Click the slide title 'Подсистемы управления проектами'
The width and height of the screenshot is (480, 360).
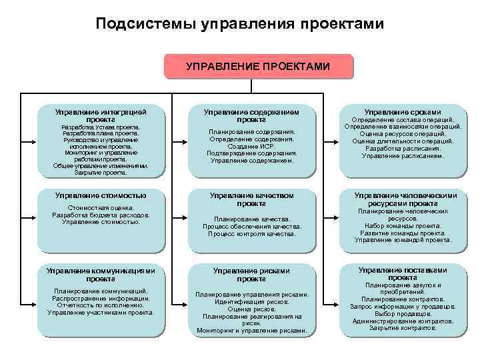click(x=239, y=25)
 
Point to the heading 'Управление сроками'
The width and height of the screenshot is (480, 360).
click(x=402, y=111)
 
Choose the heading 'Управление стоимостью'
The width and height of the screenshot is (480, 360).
click(x=101, y=195)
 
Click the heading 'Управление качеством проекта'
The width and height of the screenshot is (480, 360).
click(x=251, y=199)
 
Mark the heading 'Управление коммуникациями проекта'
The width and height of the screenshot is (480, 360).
click(x=101, y=275)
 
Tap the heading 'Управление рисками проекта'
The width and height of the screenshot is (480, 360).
click(x=251, y=275)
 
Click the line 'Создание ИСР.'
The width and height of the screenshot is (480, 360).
click(x=251, y=146)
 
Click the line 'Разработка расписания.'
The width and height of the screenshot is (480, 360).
click(x=402, y=149)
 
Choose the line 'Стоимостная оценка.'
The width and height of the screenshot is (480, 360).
click(x=101, y=208)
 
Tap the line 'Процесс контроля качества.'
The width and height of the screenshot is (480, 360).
click(x=251, y=234)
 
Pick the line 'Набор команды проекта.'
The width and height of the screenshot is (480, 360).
click(x=403, y=225)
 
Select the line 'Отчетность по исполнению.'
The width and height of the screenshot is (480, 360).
click(x=101, y=305)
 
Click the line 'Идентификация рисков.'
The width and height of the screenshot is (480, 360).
click(x=251, y=302)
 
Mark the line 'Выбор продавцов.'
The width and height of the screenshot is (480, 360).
click(x=403, y=314)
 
